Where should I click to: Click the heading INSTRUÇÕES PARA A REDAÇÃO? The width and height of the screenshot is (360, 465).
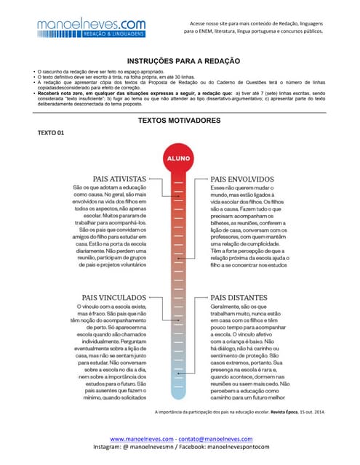point(180,61)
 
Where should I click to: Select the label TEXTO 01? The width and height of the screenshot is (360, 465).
point(51,133)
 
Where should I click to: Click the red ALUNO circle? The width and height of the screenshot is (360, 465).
point(179,158)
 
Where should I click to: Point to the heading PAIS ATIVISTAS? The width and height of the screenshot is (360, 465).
point(119,177)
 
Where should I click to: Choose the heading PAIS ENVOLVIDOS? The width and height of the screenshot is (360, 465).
point(242,177)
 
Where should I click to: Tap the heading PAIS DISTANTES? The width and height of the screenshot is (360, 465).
point(239,297)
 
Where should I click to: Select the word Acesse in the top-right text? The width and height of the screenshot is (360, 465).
point(199,23)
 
